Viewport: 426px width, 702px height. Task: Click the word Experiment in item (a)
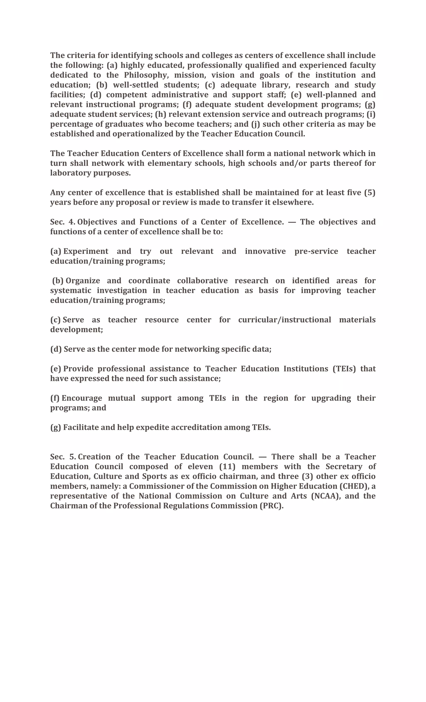point(86,251)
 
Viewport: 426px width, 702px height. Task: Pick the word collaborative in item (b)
point(202,281)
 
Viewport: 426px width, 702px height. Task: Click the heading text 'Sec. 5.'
point(63,457)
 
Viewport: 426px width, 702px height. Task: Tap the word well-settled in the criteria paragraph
point(136,85)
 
